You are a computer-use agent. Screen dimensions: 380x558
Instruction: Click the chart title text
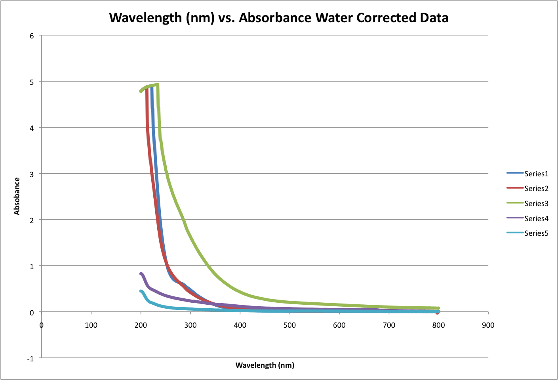278,18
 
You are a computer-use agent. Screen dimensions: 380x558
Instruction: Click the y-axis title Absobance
17,196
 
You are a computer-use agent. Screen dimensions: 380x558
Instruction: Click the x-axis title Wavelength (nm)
265,365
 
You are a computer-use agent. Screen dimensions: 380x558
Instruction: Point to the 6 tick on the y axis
32,36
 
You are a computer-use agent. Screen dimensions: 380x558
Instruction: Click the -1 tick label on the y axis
30,359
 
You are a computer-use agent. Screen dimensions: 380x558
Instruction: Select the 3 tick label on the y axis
32,174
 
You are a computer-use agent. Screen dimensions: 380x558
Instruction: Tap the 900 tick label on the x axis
488,325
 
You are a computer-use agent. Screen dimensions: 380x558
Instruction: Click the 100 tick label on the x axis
91,325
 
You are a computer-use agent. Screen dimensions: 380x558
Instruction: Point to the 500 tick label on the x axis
289,325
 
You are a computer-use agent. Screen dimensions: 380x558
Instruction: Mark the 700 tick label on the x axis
389,325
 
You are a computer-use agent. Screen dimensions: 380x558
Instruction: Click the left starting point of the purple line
141,274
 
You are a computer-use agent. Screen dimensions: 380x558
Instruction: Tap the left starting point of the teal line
141,291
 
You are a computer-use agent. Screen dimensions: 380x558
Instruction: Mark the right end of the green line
438,308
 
